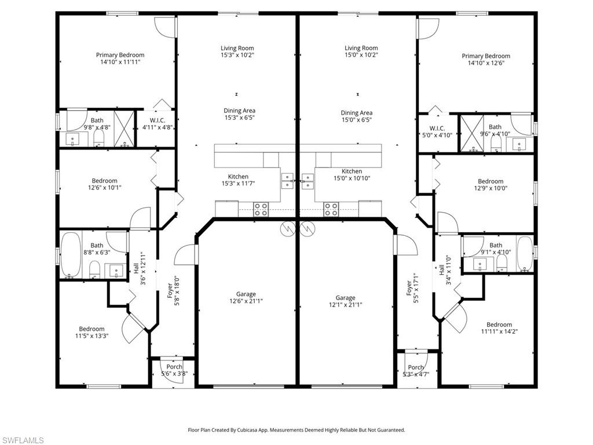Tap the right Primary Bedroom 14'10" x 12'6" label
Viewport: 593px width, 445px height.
coord(486,60)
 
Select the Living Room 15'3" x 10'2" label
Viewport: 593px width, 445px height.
coord(237,52)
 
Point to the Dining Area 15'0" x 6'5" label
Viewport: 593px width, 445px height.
coord(356,116)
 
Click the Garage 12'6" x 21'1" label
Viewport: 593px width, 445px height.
coord(246,298)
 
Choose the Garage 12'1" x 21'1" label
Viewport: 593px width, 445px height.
coord(345,301)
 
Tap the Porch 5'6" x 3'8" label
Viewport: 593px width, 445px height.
coord(174,370)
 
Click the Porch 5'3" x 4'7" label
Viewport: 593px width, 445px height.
coord(416,371)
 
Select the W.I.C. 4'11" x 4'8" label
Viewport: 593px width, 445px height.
coord(158,124)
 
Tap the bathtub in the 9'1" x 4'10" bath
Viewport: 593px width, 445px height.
coord(525,254)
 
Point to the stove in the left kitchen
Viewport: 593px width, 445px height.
coord(261,209)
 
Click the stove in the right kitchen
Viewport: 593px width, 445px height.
coord(331,209)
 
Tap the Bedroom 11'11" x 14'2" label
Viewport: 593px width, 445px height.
coord(499,329)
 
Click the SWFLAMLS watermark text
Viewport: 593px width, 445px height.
coord(23,440)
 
